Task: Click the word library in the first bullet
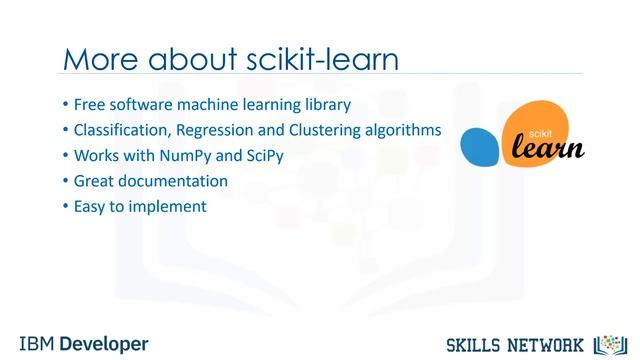[326, 104]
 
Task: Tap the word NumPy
[190, 156]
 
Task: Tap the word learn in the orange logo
[548, 148]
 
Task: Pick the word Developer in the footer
[104, 343]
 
